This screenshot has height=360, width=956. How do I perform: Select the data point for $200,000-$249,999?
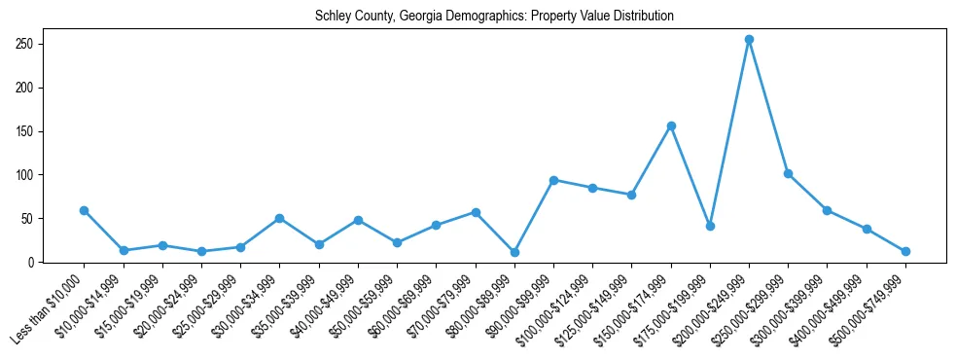coord(749,40)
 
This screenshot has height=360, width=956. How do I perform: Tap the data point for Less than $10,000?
coord(85,210)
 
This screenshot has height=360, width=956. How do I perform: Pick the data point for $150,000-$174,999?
coord(671,126)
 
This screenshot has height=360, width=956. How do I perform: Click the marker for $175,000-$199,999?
coord(710,226)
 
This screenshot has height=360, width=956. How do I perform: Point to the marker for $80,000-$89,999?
coord(514,252)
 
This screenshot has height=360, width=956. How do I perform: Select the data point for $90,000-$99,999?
coord(553,180)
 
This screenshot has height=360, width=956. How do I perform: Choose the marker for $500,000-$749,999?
coord(905,251)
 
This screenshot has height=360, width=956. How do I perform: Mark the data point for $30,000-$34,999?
coord(280,218)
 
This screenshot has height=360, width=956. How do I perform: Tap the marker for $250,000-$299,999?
coord(788,173)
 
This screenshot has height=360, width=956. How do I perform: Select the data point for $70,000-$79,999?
coord(476,212)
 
